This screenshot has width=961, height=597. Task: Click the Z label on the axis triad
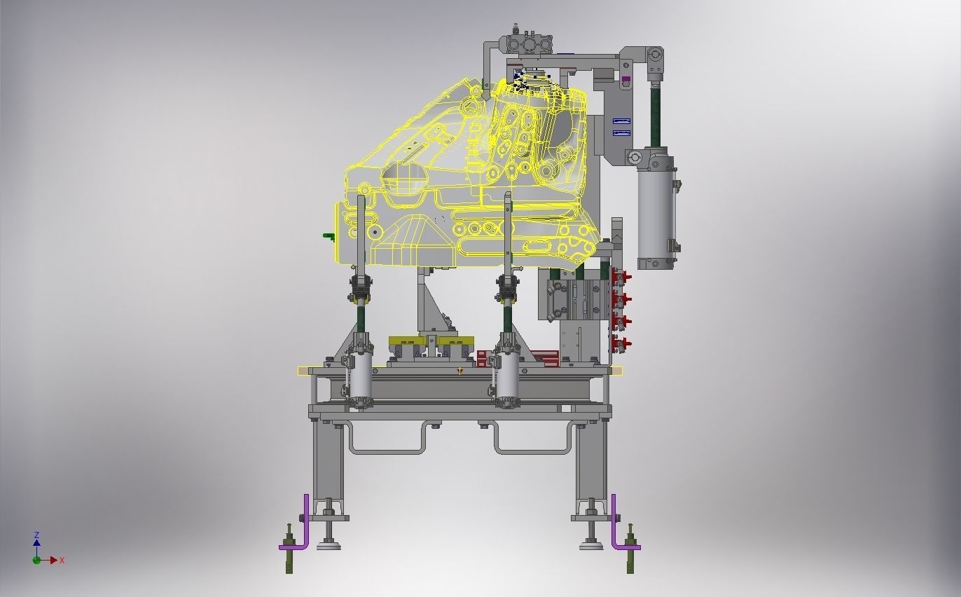[x=36, y=535]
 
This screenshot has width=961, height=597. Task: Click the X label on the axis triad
[x=62, y=560]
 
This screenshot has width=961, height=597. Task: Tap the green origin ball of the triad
[x=36, y=560]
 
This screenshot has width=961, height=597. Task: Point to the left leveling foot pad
[x=328, y=544]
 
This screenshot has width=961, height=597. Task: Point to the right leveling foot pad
[x=591, y=544]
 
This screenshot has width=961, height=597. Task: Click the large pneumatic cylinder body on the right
[x=655, y=214]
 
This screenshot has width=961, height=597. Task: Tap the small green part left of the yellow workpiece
[x=329, y=237]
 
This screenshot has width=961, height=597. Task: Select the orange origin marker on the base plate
[x=459, y=371]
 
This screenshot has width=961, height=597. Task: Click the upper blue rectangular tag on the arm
[x=621, y=121]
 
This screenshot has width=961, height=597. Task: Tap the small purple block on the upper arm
[x=625, y=79]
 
